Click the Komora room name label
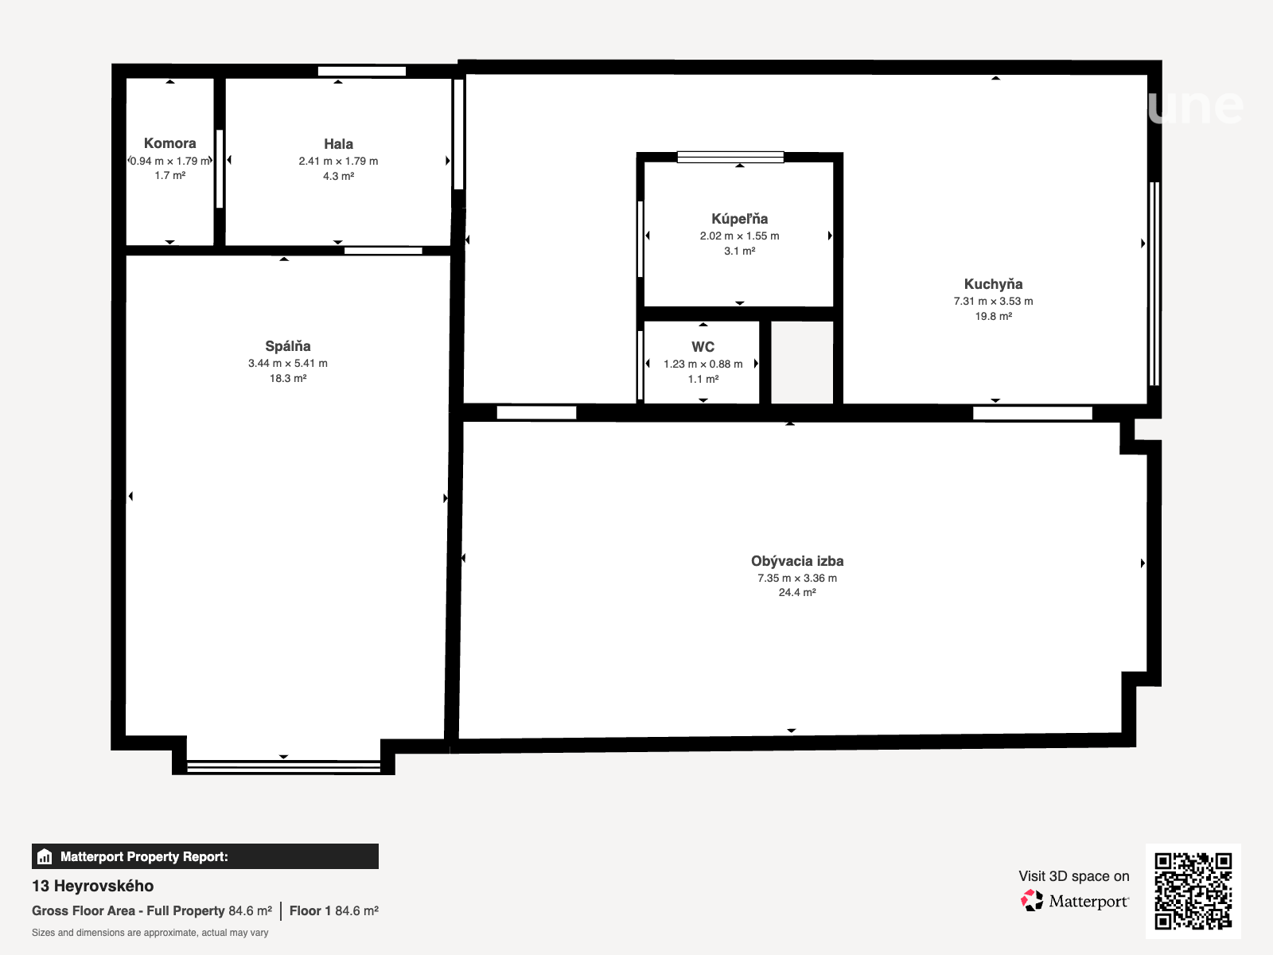coord(170,143)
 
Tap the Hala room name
coord(339,144)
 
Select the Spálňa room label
coord(288,346)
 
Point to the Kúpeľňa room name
coord(739,219)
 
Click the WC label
coord(703,347)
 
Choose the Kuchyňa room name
coord(993,284)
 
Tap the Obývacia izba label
coord(797,561)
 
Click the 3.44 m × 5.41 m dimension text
coord(288,364)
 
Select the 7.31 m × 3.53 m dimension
coord(993,302)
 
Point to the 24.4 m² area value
coord(797,593)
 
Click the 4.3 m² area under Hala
coord(339,176)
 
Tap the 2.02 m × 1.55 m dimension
coord(739,236)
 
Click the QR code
coord(1193,891)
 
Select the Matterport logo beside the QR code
coord(1075,901)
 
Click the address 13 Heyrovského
coord(93,886)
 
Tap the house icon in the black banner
coord(45,856)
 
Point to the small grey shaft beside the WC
coord(802,362)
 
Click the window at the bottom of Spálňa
coord(283,766)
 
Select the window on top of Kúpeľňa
coord(730,157)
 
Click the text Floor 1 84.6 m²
coord(334,911)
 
